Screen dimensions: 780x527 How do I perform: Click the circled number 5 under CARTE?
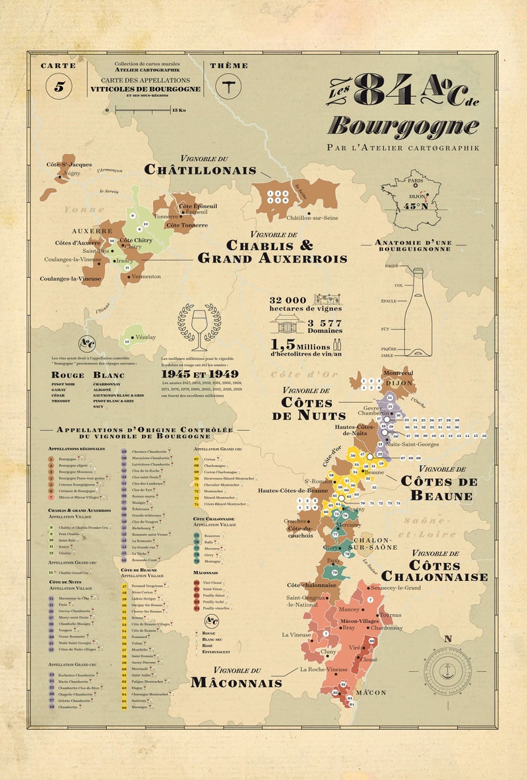click(59, 86)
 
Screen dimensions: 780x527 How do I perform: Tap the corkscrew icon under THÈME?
click(229, 86)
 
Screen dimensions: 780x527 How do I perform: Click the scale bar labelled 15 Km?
click(141, 109)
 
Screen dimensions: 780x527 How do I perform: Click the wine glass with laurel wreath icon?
click(199, 326)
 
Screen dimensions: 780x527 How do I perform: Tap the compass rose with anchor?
click(447, 671)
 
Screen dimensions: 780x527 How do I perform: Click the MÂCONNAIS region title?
click(236, 681)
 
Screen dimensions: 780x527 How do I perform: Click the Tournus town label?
click(390, 615)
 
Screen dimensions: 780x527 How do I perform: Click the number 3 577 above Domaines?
click(325, 322)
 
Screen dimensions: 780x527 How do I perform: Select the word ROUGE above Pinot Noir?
click(68, 375)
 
